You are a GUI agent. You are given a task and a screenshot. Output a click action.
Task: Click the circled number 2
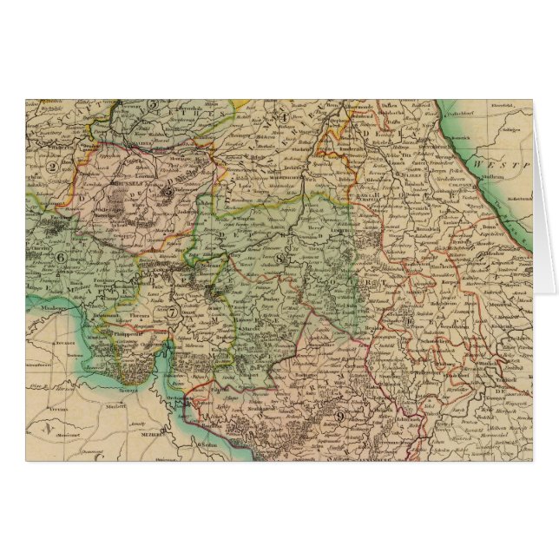tap(52, 168)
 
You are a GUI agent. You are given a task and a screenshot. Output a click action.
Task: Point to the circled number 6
tap(61, 256)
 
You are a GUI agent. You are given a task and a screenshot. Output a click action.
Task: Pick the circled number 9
tap(341, 416)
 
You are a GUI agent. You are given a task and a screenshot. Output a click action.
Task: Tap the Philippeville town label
tap(122, 331)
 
